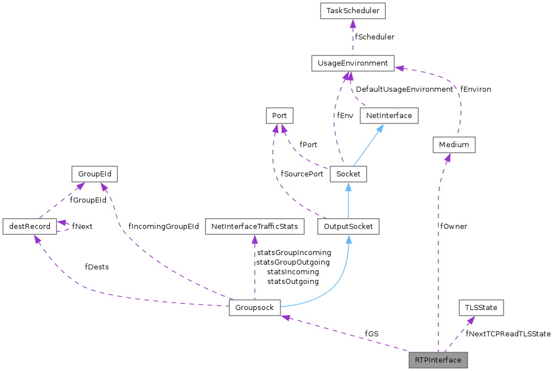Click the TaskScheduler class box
coord(352,10)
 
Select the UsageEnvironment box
coord(352,63)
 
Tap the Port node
coord(279,115)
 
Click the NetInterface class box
coord(389,115)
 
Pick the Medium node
coord(454,144)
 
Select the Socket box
coord(348,174)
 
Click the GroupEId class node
coord(94,174)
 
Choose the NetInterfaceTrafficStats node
coord(254,226)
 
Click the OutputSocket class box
coord(348,226)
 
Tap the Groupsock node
coord(254,308)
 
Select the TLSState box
coord(480,308)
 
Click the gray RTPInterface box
coord(438,360)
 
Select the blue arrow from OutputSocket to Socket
coord(348,200)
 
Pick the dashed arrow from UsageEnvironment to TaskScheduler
coord(352,37)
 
